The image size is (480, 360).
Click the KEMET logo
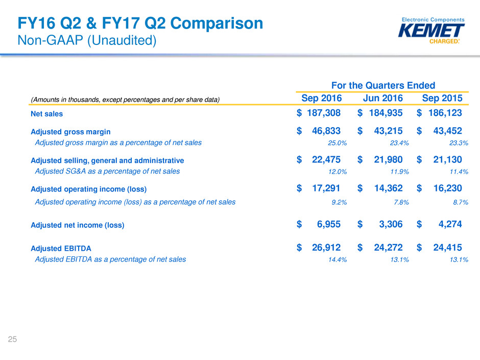click(x=431, y=31)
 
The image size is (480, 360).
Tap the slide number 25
click(x=12, y=339)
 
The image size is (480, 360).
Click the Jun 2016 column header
click(x=383, y=99)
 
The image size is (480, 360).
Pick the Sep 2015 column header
click(x=442, y=99)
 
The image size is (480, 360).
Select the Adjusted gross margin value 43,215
click(x=385, y=131)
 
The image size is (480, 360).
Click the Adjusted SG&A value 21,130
click(x=444, y=160)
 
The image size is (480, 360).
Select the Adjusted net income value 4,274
click(x=448, y=224)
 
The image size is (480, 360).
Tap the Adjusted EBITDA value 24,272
click(x=385, y=248)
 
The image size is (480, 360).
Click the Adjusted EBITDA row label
click(x=61, y=248)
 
